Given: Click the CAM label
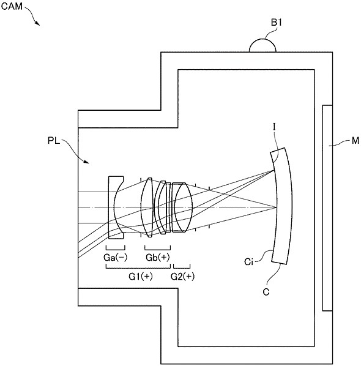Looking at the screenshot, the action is click(12, 6).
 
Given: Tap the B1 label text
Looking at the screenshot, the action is click(277, 23).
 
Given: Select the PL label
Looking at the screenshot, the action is click(54, 141).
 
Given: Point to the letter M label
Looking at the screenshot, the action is click(355, 141).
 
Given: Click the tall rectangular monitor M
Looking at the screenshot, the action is click(327, 208).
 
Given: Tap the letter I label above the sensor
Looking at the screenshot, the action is click(274, 127).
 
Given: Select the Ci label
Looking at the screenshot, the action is click(249, 262).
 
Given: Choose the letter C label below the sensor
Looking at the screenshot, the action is click(266, 292).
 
